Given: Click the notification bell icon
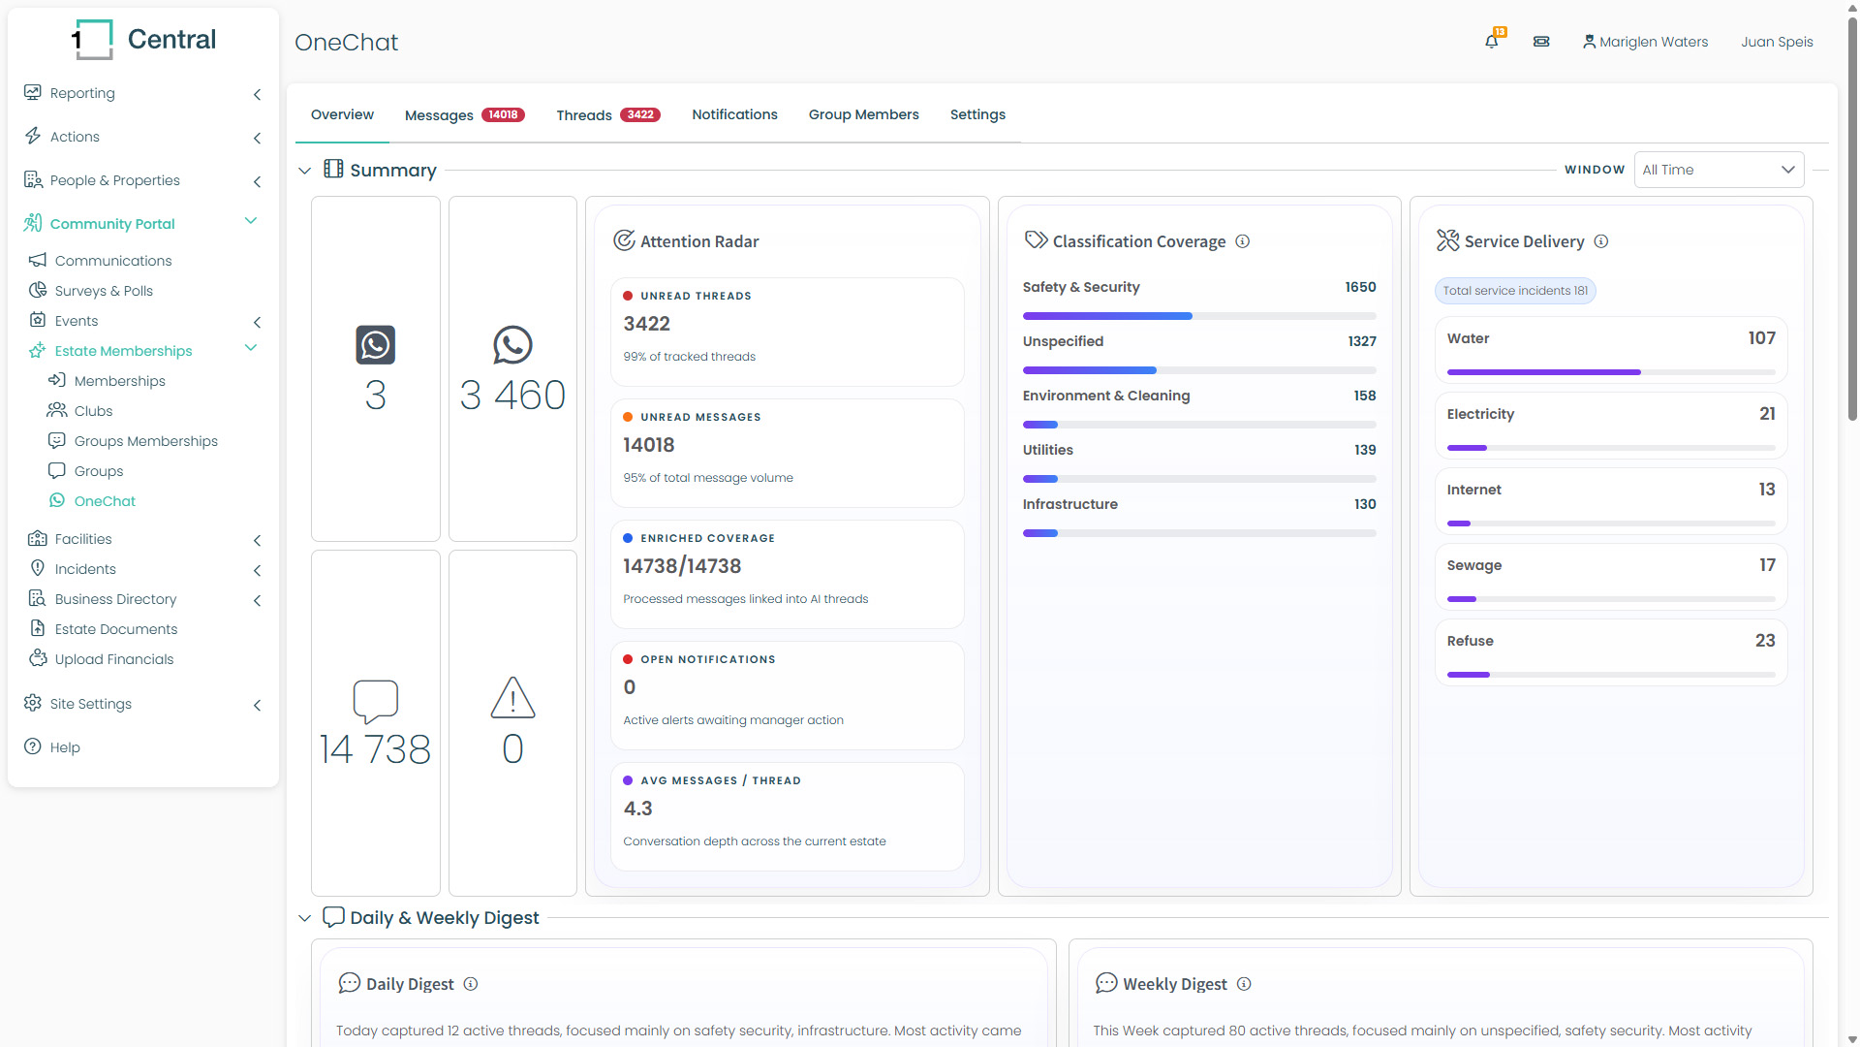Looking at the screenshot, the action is click(x=1492, y=42).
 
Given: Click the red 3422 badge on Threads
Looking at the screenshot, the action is click(x=640, y=115).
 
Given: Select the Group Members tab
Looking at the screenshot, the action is click(x=864, y=114).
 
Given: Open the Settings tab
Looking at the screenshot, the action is click(x=977, y=114).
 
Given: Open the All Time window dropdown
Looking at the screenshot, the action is click(x=1719, y=170).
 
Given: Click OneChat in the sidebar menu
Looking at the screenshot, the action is click(x=105, y=501).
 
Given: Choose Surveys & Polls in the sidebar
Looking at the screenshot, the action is click(x=104, y=291).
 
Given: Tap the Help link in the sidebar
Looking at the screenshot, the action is click(x=65, y=747).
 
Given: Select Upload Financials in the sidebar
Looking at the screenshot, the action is click(x=114, y=659).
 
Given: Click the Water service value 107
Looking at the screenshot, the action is click(x=1761, y=338).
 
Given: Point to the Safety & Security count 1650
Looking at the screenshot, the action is click(x=1360, y=287).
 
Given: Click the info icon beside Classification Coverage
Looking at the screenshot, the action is click(x=1243, y=241).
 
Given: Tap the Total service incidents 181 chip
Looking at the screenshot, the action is click(x=1515, y=291).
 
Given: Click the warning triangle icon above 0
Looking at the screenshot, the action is click(x=512, y=698).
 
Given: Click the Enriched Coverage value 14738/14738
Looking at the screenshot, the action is click(x=682, y=566).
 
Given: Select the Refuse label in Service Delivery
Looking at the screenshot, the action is click(x=1470, y=641).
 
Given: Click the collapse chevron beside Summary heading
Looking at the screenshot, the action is click(x=305, y=171).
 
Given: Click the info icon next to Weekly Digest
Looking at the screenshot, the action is click(x=1245, y=984).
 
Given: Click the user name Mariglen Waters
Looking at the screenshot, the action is click(x=1654, y=42).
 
